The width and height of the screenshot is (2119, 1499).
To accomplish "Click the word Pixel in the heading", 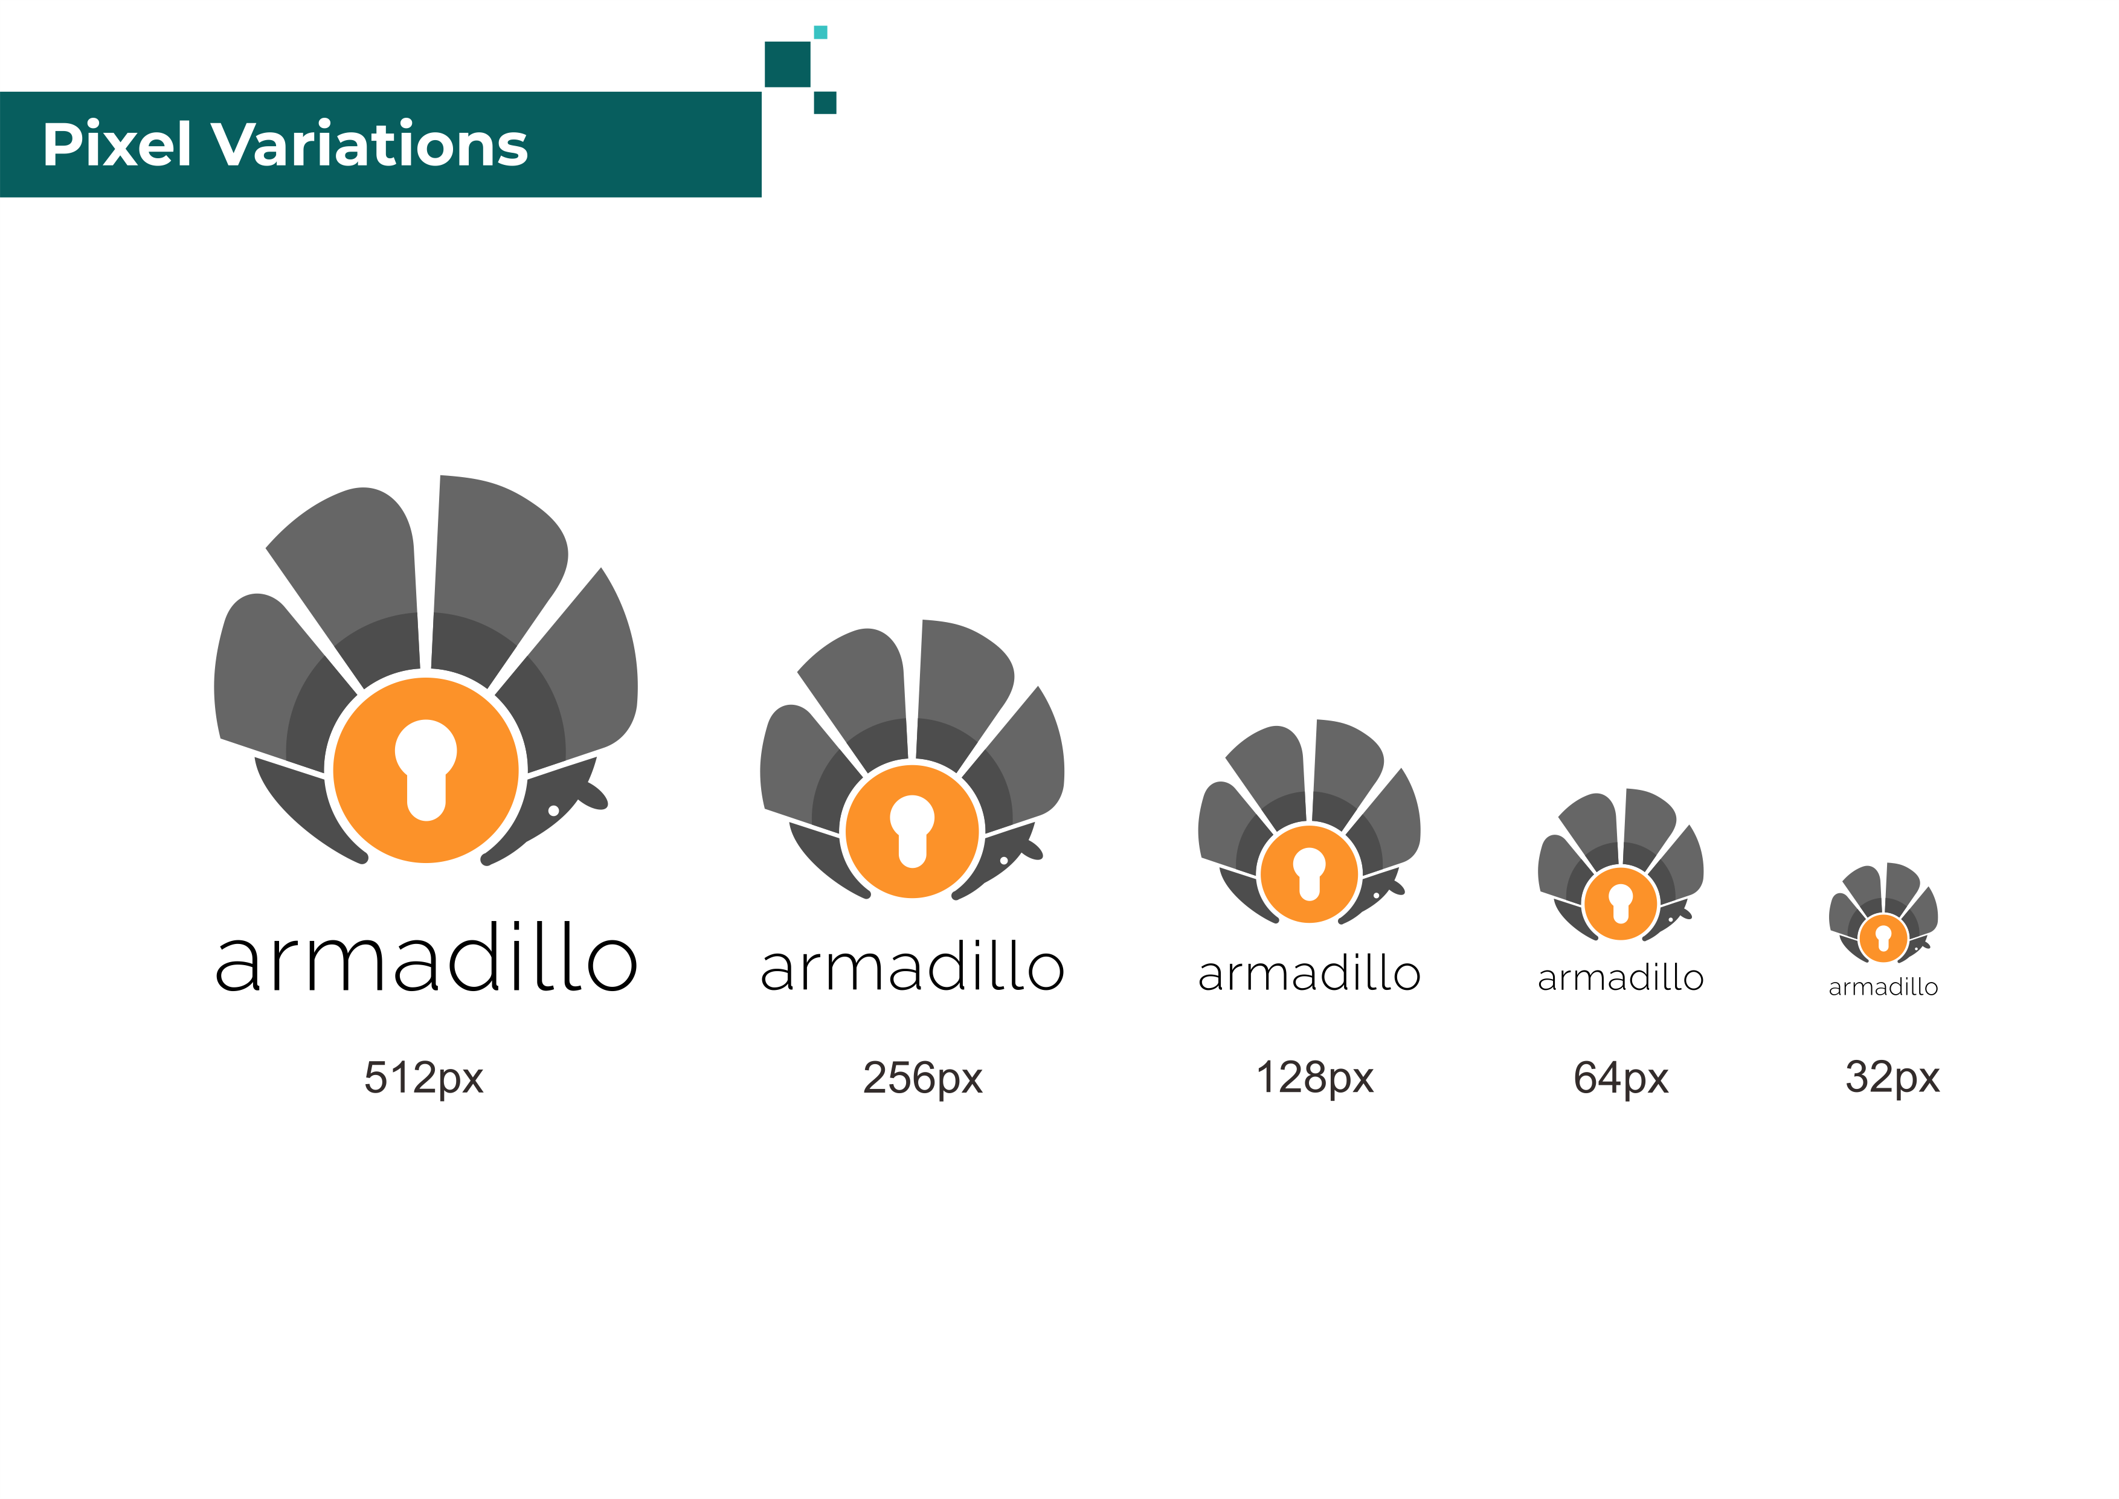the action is tap(117, 145).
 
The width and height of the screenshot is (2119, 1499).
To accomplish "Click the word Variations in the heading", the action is tap(370, 145).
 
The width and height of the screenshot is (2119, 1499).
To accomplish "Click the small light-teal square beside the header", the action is tap(820, 32).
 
